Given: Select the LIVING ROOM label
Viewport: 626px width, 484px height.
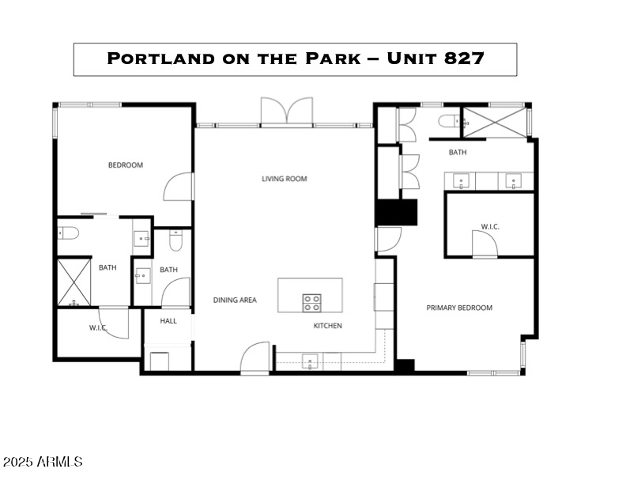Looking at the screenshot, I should (x=284, y=179).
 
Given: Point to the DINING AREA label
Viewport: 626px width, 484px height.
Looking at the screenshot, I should (x=235, y=301).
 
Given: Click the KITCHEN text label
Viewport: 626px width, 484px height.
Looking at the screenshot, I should (x=327, y=325).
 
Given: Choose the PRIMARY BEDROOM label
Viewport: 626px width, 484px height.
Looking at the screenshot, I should (x=459, y=308).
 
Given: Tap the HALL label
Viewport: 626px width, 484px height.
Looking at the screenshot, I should (x=168, y=321).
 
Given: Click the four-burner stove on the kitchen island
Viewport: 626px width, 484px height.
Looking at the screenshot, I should (x=311, y=302).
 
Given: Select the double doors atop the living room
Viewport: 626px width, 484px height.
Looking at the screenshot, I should (x=287, y=112).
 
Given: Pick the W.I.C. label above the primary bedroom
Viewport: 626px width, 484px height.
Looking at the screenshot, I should (x=490, y=227).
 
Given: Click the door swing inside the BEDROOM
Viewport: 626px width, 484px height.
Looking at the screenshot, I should (x=179, y=187).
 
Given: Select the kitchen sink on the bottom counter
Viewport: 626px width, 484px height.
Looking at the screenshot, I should (x=310, y=363).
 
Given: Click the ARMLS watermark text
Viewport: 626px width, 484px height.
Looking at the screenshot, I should (x=43, y=461).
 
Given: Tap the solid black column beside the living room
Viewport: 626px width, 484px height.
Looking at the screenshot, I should (x=396, y=213).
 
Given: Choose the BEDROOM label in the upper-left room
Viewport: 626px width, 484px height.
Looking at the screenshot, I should (x=126, y=165).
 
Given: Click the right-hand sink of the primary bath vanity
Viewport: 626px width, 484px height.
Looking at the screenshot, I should (x=512, y=181).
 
